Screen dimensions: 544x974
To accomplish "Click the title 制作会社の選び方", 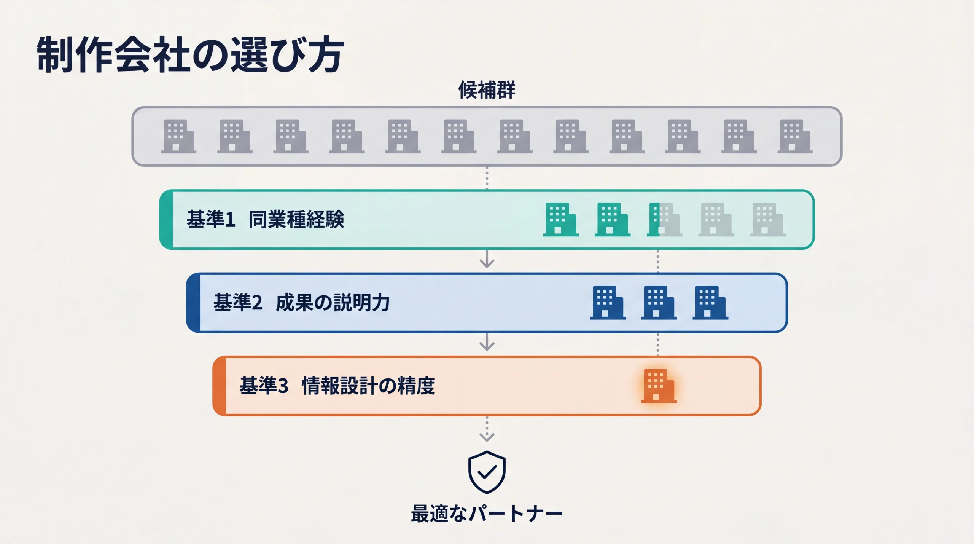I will click(x=190, y=54).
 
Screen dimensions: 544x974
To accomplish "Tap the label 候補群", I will click(x=487, y=90).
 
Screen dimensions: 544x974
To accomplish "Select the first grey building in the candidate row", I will click(x=178, y=136).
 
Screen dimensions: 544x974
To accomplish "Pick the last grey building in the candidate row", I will click(x=794, y=136).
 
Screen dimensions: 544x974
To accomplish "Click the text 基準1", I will click(x=211, y=220).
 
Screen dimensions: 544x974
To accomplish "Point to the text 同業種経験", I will click(x=296, y=220).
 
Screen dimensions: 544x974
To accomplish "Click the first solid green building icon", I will click(x=560, y=220).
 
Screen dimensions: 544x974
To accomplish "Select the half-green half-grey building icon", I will click(x=664, y=220).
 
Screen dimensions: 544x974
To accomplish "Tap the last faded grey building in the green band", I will click(x=767, y=220).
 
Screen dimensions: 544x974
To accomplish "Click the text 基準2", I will click(x=238, y=303).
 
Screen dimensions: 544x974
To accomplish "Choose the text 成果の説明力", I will click(x=333, y=303).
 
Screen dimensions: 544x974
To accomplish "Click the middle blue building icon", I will click(x=659, y=303).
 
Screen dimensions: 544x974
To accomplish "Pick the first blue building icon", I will click(x=608, y=303).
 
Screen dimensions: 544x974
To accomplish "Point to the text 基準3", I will click(x=264, y=386).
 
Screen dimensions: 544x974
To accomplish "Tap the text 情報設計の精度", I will click(x=368, y=386).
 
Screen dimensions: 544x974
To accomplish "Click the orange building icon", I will click(x=659, y=386).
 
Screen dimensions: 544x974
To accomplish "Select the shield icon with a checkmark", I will click(x=487, y=472).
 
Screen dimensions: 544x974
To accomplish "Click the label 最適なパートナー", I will click(x=487, y=514).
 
